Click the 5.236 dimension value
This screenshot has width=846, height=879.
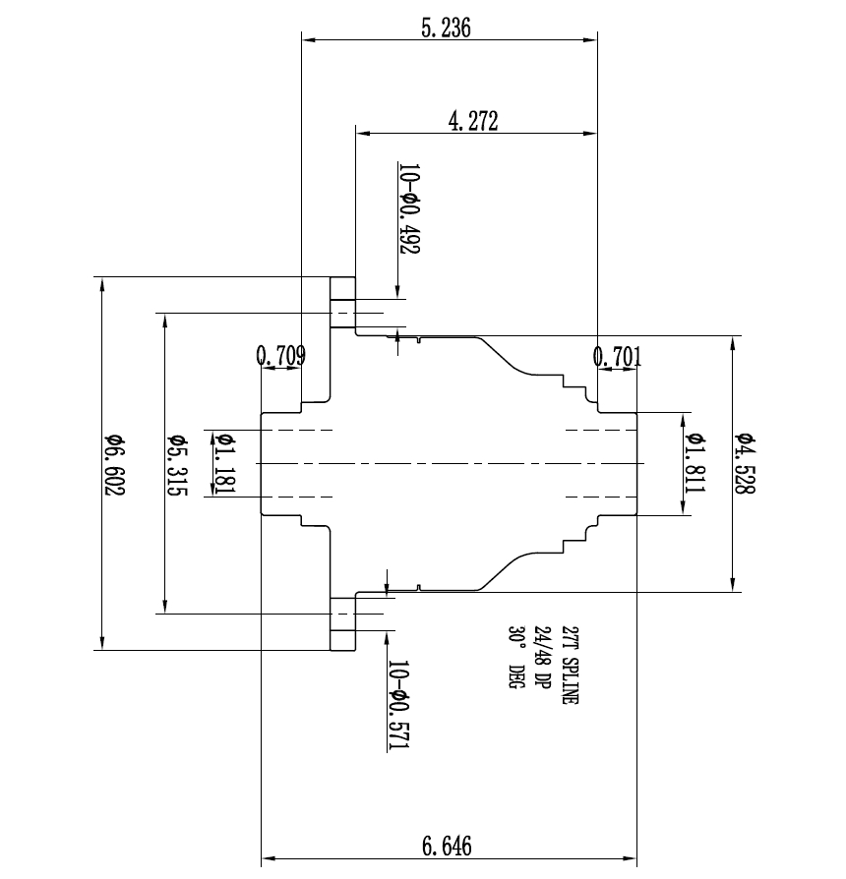point(446,28)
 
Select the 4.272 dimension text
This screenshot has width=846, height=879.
point(473,121)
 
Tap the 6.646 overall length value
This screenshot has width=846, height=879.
point(447,846)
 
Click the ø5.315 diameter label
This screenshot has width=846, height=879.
point(177,464)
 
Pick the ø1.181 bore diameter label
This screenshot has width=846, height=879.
point(223,464)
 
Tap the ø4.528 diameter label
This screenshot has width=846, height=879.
point(744,464)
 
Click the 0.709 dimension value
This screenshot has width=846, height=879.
point(280,355)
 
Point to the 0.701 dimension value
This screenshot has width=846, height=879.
point(619,356)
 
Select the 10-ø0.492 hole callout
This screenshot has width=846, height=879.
point(408,208)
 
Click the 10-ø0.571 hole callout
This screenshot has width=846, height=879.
point(398,706)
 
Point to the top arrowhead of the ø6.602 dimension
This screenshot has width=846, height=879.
point(101,283)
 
